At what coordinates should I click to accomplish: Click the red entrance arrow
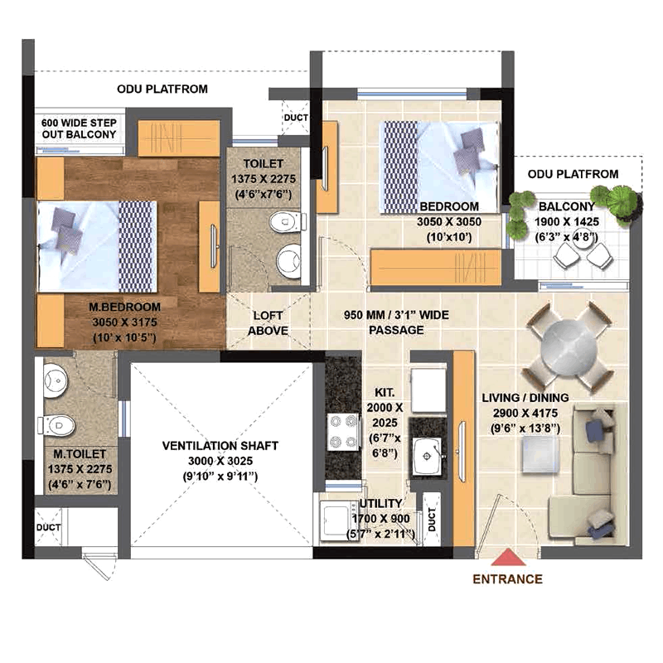tap(508, 557)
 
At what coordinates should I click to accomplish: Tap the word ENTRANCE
tap(507, 578)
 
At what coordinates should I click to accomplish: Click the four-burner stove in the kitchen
tap(344, 432)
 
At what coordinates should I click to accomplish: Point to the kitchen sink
tap(428, 457)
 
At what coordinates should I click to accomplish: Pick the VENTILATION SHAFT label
tap(220, 446)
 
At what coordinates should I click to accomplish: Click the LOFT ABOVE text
tap(268, 323)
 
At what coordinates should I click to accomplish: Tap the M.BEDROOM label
tap(125, 307)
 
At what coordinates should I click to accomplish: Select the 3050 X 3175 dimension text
tap(125, 322)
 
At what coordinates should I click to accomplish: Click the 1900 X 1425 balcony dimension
tap(567, 221)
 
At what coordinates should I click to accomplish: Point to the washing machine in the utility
tap(337, 520)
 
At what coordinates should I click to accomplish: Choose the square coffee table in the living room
tap(540, 454)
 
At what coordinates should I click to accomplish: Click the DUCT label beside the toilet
tap(296, 118)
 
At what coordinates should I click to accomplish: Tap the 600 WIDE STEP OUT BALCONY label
tap(79, 128)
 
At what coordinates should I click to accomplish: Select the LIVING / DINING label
tap(525, 398)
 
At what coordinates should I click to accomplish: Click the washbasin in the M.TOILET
tap(56, 380)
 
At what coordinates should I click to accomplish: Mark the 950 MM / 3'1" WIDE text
tap(396, 315)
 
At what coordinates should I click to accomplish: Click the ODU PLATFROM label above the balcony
tap(573, 174)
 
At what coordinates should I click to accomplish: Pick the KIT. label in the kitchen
tap(385, 392)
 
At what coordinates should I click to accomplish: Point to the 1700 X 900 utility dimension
tap(380, 519)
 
